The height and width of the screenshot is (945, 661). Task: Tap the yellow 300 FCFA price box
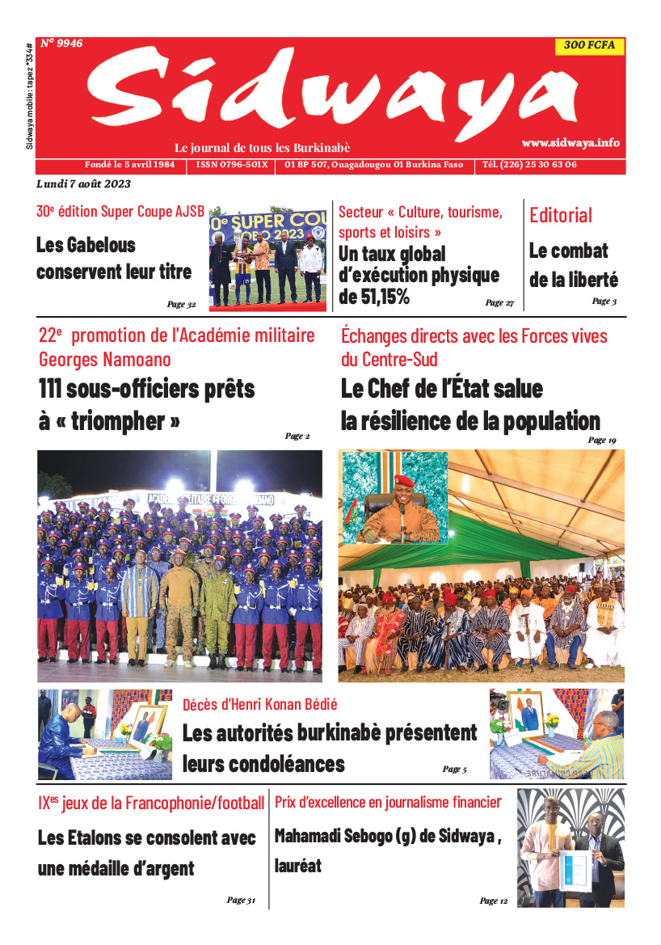coord(590,46)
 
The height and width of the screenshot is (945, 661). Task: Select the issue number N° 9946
coord(61,44)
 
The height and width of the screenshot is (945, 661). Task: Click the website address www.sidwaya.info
coord(570,142)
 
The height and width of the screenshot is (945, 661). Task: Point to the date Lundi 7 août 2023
coord(84,184)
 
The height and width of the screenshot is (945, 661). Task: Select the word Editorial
coord(561,215)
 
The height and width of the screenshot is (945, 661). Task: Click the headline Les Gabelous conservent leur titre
coord(114,258)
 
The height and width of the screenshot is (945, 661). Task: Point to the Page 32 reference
coord(182,305)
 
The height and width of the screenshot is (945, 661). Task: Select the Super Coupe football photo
coord(268,259)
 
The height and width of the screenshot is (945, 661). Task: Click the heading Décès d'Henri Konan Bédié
coord(259,704)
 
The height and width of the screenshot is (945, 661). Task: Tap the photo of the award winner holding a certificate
coord(570,849)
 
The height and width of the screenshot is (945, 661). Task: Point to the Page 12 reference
coord(494,901)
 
